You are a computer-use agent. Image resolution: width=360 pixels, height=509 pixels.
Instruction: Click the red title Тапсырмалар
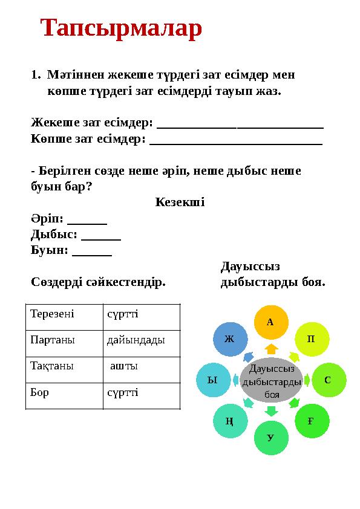(121, 29)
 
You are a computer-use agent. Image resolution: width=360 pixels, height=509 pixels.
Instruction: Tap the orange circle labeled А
(270, 322)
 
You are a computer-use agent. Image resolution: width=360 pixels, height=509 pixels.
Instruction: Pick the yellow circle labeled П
(312, 339)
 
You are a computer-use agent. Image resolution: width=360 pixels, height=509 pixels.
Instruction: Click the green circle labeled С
(328, 380)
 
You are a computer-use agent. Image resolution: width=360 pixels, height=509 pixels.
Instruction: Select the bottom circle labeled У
(270, 438)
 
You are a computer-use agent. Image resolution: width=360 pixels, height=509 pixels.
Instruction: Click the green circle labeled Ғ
(311, 421)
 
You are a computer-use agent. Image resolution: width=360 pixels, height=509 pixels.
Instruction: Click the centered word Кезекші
(180, 202)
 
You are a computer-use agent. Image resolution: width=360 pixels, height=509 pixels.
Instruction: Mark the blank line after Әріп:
(87, 221)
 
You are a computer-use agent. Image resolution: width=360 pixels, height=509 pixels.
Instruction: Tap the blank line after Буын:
(91, 254)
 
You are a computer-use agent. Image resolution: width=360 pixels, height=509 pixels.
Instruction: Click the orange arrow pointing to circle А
(271, 349)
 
